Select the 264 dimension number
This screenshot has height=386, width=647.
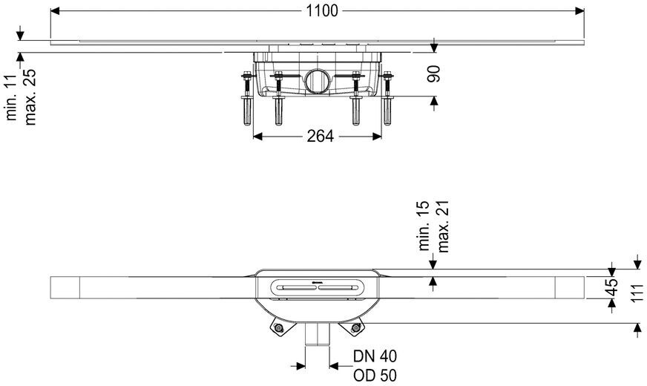click(320, 136)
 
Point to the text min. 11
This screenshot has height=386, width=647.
click(11, 102)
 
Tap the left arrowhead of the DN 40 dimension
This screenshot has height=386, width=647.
click(302, 364)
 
